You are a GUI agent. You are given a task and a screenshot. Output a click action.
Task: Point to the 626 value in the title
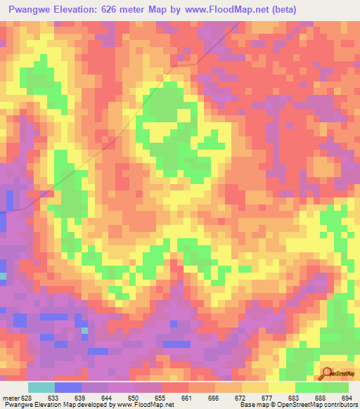pyautogui.click(x=125, y=9)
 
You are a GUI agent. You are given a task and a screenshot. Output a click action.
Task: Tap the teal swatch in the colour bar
pyautogui.click(x=41, y=387)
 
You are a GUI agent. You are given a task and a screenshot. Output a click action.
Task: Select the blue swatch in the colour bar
pyautogui.click(x=68, y=387)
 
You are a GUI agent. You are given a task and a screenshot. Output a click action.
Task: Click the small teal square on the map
pyautogui.click(x=85, y=330)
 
